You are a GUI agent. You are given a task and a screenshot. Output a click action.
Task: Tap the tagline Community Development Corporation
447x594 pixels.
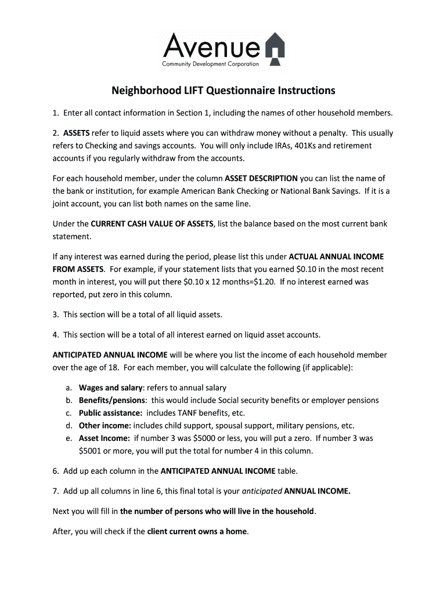pos(211,64)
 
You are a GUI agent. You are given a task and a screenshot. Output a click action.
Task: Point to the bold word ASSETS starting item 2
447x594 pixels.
pos(76,133)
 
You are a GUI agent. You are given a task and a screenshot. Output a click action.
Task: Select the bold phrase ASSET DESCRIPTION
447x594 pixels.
pos(261,179)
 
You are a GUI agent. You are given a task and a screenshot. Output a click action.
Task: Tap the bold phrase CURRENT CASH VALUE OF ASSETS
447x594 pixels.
pos(152,224)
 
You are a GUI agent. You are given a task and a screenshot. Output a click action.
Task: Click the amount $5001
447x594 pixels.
pos(91,451)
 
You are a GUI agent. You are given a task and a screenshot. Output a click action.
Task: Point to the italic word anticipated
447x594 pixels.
pos(262,491)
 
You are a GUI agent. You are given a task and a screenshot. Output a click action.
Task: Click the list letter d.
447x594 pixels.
pos(69,426)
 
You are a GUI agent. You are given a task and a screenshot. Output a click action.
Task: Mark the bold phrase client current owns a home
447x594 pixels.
pos(197,531)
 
